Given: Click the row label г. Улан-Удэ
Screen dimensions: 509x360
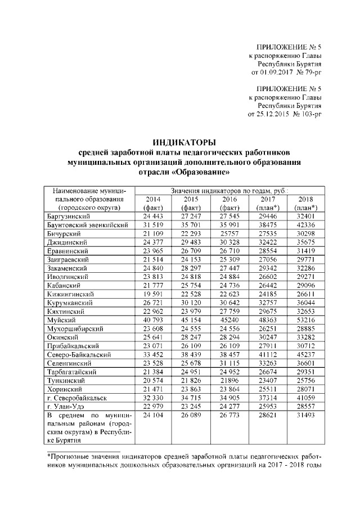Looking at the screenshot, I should pyautogui.click(x=66, y=406).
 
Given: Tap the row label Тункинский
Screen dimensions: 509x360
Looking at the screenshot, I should pyautogui.click(x=66, y=380).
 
